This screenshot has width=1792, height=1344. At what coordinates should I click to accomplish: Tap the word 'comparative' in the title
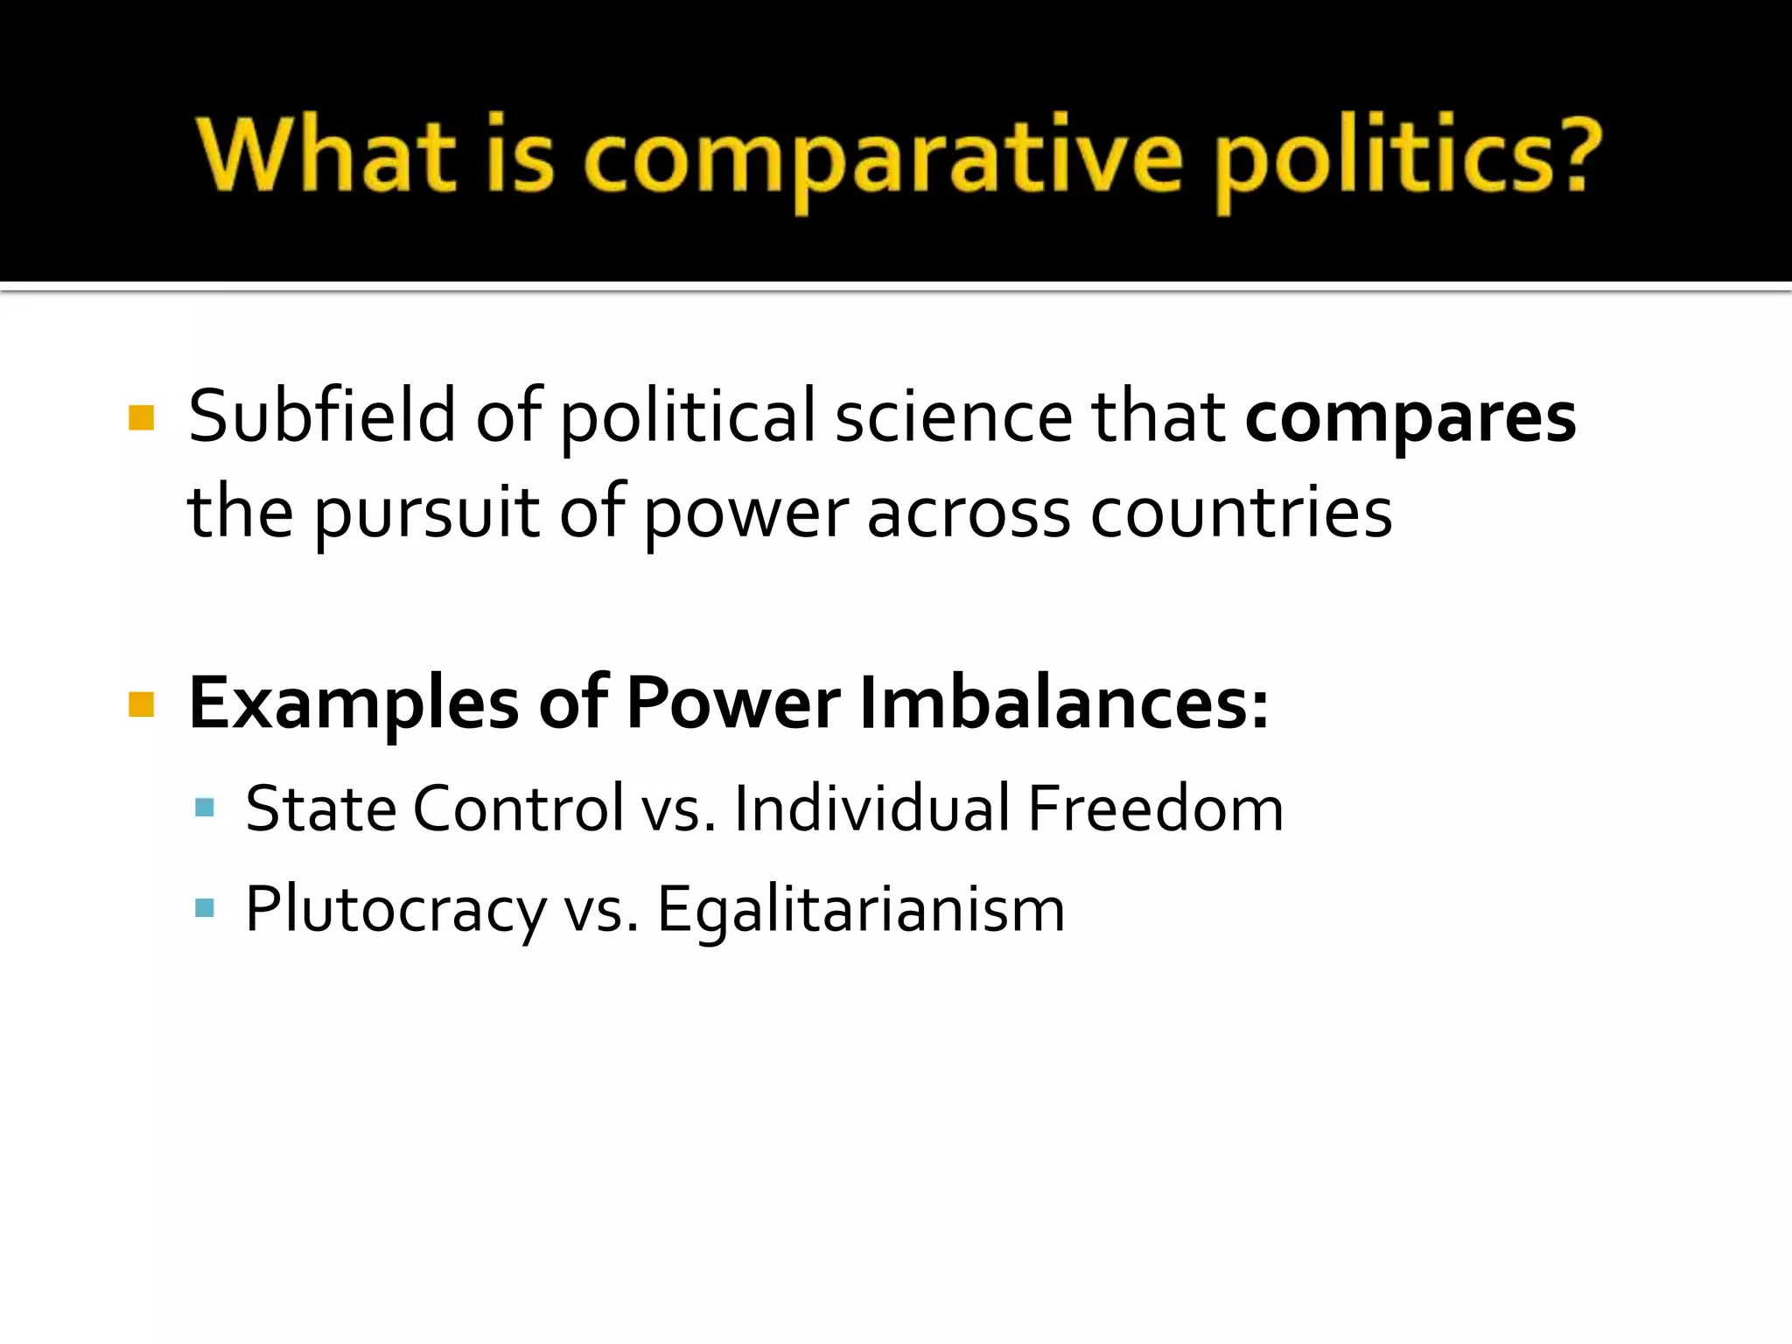[x=884, y=157]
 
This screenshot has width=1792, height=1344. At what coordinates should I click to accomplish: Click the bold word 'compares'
[x=1410, y=418]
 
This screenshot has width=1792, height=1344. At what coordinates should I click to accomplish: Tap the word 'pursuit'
[x=427, y=513]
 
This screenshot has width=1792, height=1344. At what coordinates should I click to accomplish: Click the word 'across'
[x=968, y=513]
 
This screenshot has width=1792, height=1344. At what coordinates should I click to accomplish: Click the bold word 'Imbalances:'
[x=1064, y=703]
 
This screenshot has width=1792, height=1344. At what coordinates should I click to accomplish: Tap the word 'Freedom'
[x=1155, y=808]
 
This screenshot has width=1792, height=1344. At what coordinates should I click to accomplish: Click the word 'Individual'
[x=872, y=808]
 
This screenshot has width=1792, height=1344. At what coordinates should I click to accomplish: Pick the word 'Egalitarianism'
[x=861, y=910]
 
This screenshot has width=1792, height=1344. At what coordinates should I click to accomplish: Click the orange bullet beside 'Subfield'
[x=141, y=417]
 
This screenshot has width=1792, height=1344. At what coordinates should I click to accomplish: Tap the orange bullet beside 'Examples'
[x=141, y=703]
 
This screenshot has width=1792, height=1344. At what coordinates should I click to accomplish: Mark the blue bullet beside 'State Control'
[x=205, y=807]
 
